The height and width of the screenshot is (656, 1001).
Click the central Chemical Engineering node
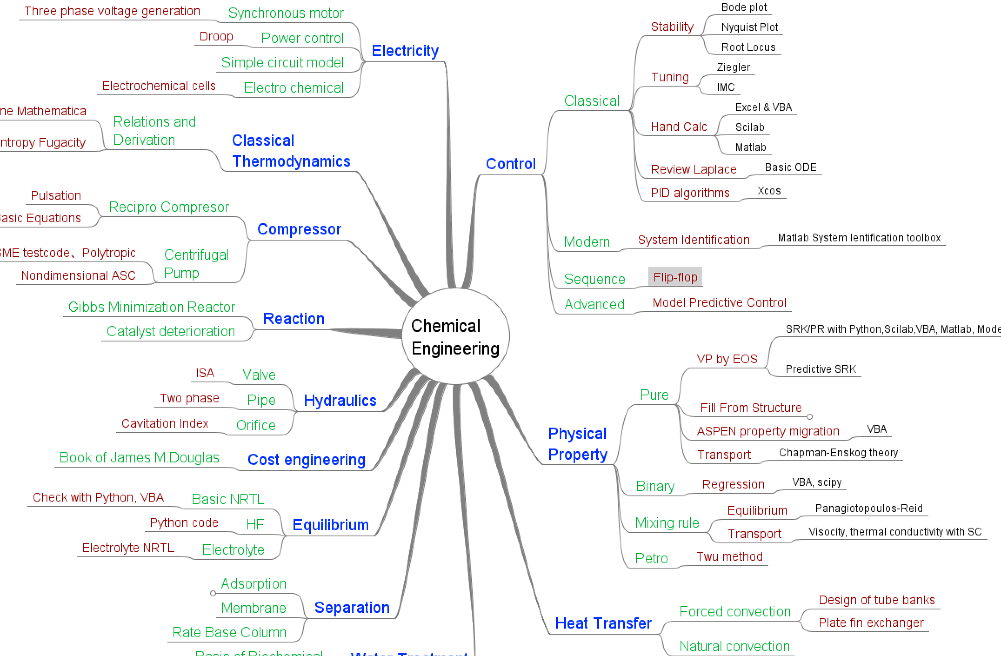pyautogui.click(x=455, y=337)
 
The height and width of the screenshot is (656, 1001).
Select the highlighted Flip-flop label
pyautogui.click(x=675, y=277)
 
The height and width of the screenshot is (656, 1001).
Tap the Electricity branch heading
pyautogui.click(x=405, y=51)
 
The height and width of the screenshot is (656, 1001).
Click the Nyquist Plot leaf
pyautogui.click(x=749, y=27)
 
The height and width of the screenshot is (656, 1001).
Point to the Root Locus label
pyautogui.click(x=748, y=47)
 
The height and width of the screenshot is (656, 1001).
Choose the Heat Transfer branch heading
pyautogui.click(x=603, y=623)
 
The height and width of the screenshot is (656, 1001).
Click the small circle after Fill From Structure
pyautogui.click(x=809, y=417)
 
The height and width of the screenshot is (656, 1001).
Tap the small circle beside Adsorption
pyautogui.click(x=213, y=593)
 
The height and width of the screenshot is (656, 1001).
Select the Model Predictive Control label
pyautogui.click(x=719, y=302)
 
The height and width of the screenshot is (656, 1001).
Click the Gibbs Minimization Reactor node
pyautogui.click(x=151, y=307)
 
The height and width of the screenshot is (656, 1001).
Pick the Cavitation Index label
pyautogui.click(x=165, y=423)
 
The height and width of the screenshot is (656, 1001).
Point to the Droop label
pyautogui.click(x=216, y=37)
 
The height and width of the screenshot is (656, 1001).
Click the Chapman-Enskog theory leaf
pyautogui.click(x=838, y=453)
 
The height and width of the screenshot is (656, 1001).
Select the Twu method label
pyautogui.click(x=729, y=556)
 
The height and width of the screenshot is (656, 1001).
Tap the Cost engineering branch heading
pyautogui.click(x=306, y=460)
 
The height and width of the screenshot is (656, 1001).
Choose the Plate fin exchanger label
pyautogui.click(x=871, y=623)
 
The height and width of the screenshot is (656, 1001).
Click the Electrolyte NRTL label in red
pyautogui.click(x=128, y=548)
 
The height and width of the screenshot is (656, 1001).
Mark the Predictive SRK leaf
pyautogui.click(x=821, y=369)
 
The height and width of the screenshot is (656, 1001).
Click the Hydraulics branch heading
pyautogui.click(x=340, y=400)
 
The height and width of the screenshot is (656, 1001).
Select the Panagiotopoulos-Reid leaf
pyautogui.click(x=868, y=509)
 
